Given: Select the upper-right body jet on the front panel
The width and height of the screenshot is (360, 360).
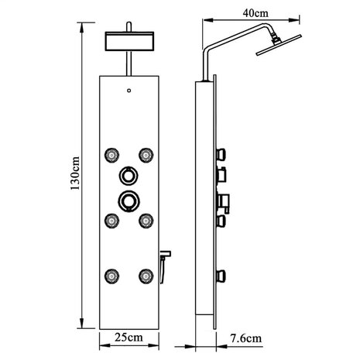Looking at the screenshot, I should point(144,152).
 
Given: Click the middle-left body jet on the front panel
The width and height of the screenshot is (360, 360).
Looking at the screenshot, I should point(112,220).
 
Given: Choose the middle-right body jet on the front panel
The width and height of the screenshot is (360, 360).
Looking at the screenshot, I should point(144,220).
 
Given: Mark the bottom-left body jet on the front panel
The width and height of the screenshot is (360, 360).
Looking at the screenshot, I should point(112,273).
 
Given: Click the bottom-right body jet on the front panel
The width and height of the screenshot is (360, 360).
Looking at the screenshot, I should point(144,273).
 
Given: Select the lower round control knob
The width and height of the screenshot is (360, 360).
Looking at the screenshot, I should point(128,201).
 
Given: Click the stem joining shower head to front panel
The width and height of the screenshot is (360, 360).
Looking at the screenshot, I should point(128,67).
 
